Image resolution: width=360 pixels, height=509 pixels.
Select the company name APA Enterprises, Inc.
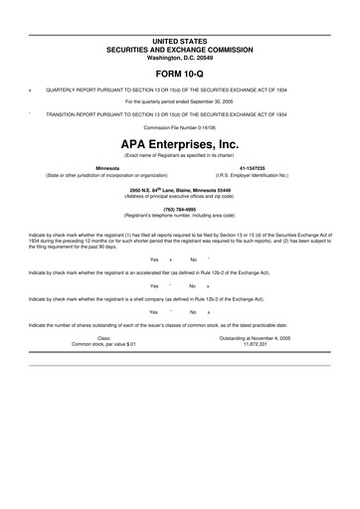click(x=180, y=145)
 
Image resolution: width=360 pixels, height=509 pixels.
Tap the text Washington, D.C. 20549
click(x=180, y=56)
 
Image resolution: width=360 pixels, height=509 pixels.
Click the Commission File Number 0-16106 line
click(x=180, y=129)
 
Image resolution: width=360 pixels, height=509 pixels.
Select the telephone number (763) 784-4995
click(x=180, y=209)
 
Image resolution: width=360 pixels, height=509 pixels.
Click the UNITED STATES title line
click(x=180, y=40)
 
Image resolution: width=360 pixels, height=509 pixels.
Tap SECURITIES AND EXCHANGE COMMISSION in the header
click(x=180, y=48)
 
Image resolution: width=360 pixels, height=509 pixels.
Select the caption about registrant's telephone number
click(x=180, y=216)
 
